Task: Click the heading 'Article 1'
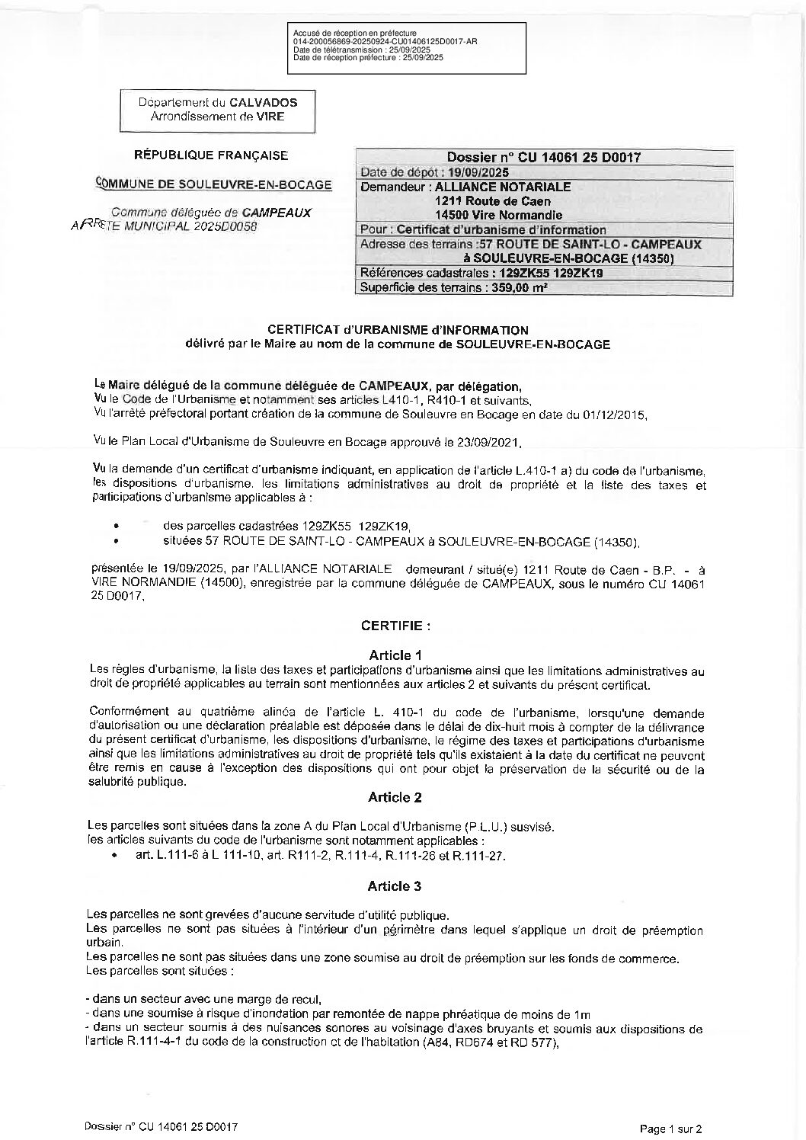tap(395, 655)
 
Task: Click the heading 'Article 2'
tap(395, 797)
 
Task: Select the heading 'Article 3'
tap(395, 886)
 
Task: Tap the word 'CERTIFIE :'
tap(395, 626)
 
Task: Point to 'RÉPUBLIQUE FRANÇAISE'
tap(211, 155)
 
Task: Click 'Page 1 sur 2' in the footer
tap(670, 1129)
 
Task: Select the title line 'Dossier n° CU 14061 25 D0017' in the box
tap(543, 158)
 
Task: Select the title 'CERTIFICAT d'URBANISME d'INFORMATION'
tap(397, 330)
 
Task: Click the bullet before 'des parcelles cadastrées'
tap(115, 526)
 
